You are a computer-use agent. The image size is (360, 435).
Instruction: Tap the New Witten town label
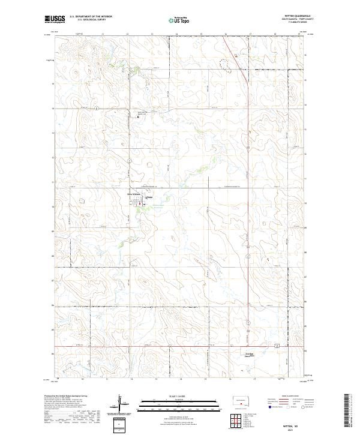[133, 194]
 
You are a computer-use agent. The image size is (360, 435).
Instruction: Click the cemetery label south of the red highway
[251, 355]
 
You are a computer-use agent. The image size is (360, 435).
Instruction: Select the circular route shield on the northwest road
[96, 108]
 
